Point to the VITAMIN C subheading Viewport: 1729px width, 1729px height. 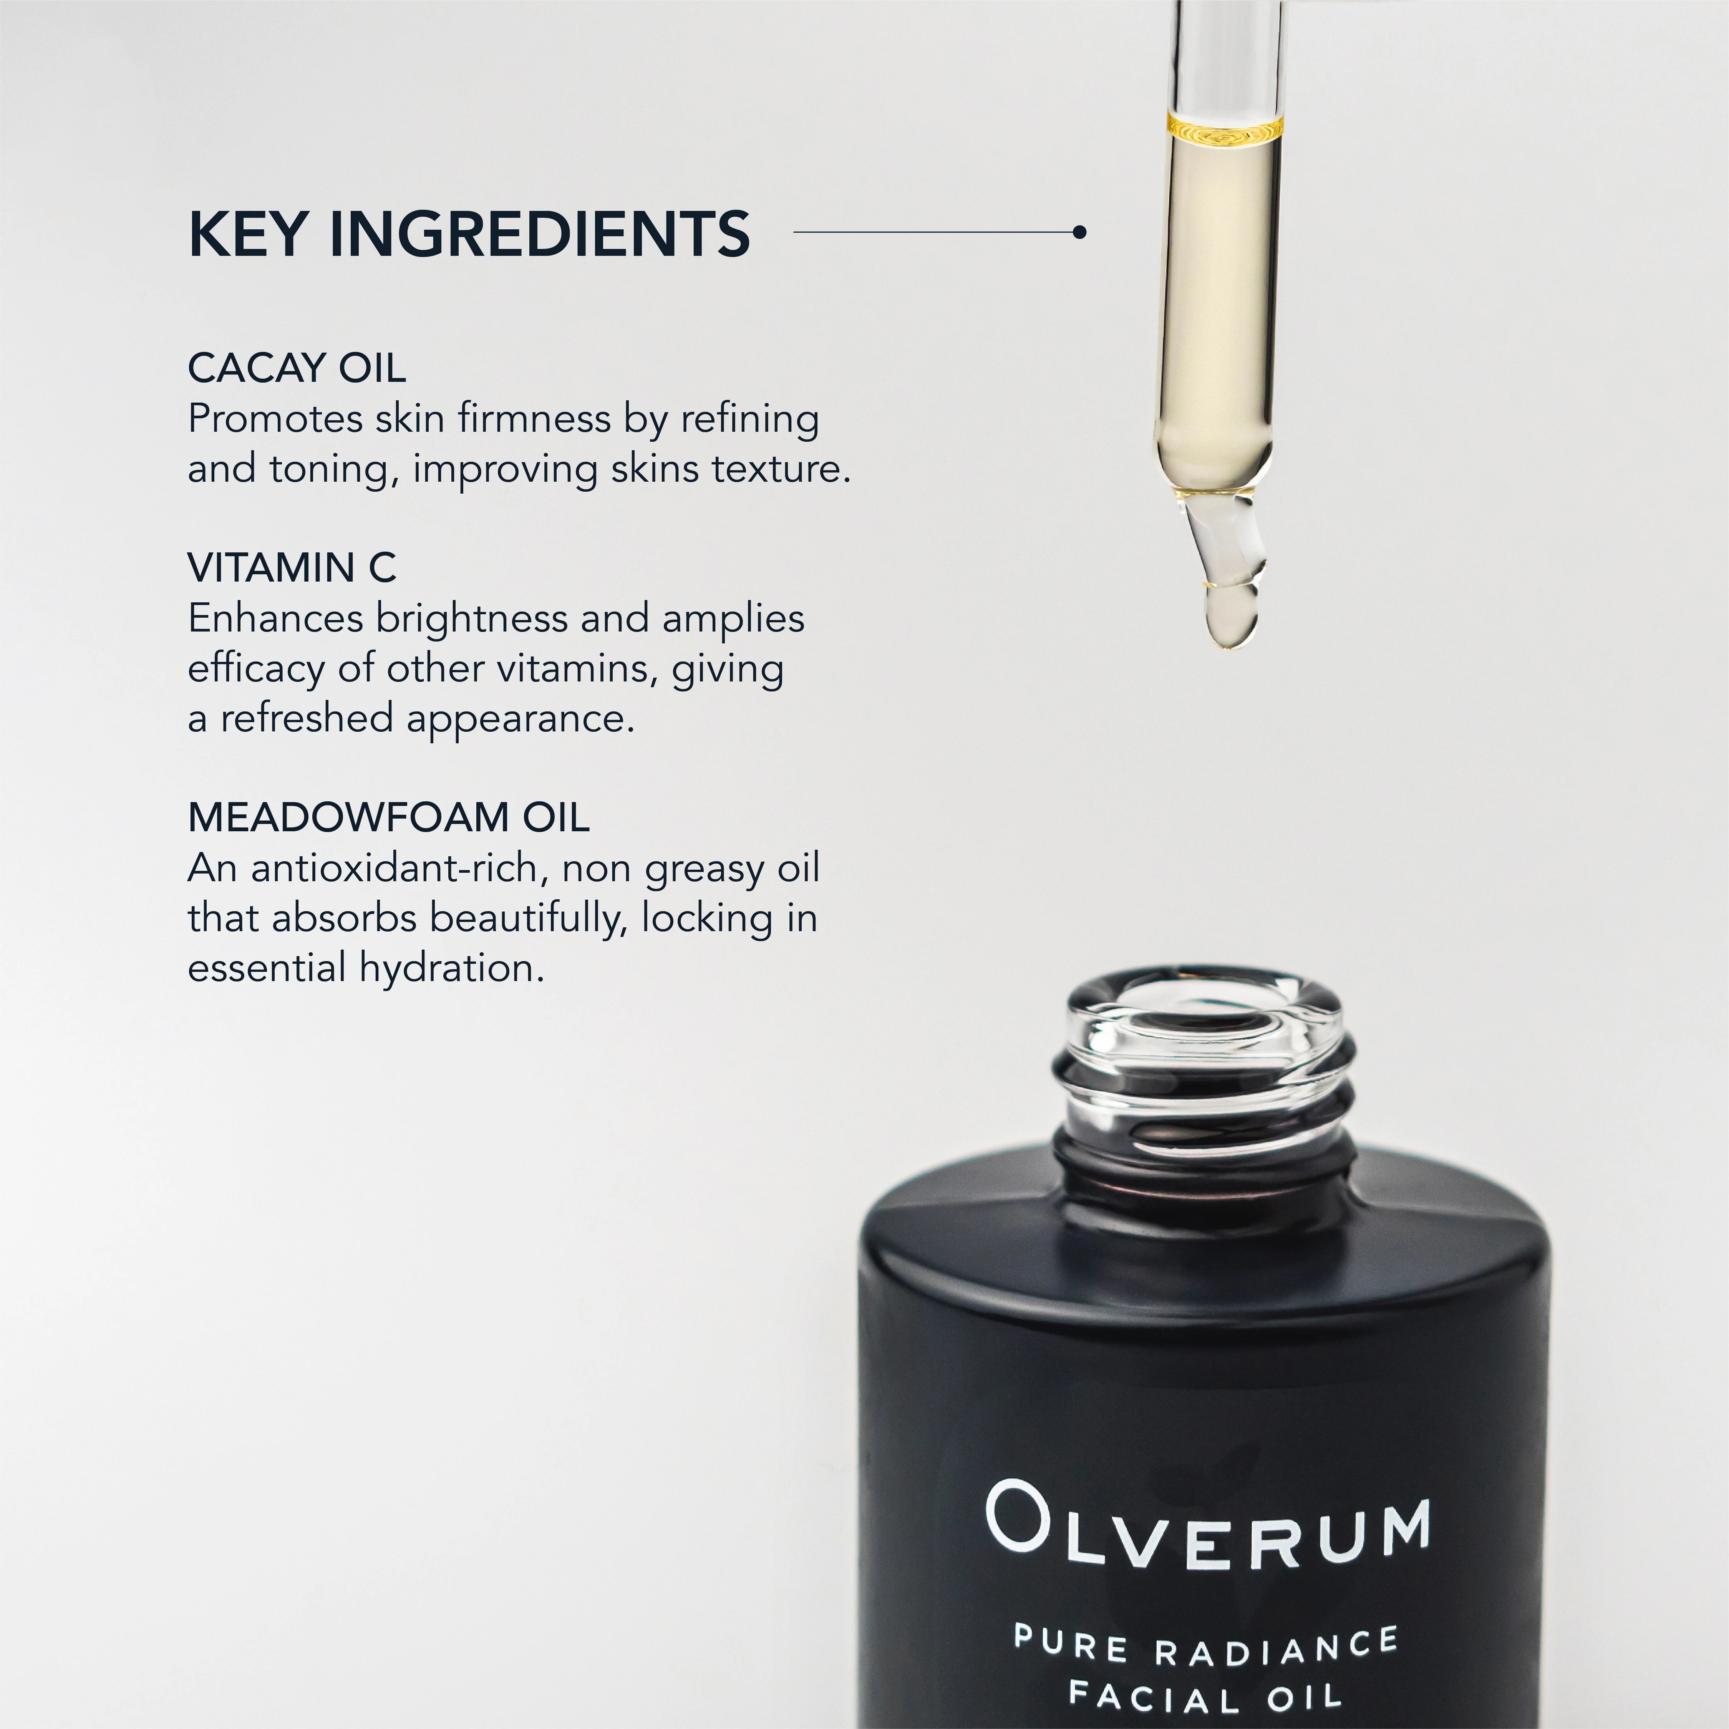(x=292, y=567)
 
